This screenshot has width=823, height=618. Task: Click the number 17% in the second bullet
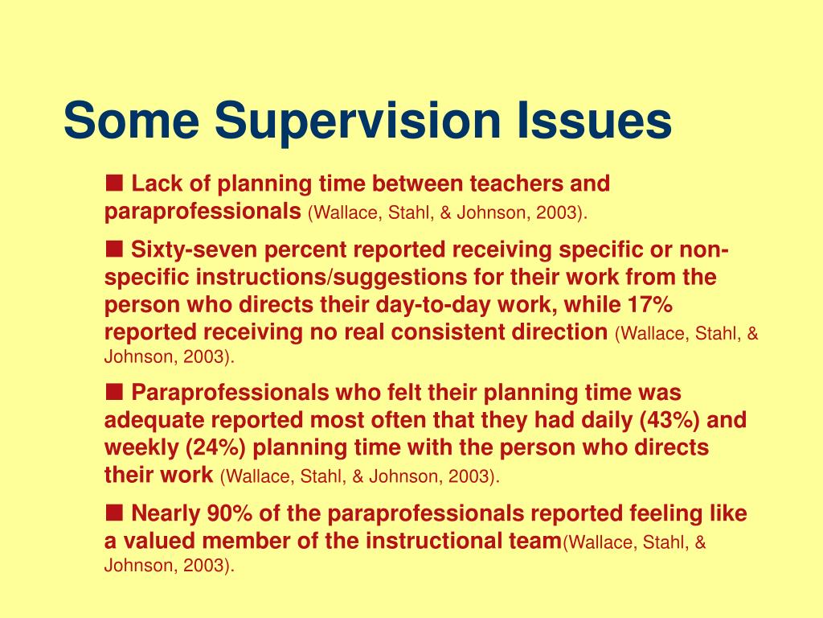[x=651, y=306]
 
